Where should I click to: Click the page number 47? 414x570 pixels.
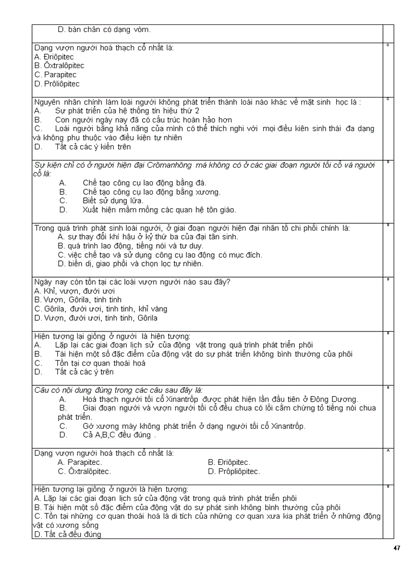click(397, 548)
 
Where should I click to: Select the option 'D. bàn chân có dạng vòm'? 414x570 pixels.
click(104, 30)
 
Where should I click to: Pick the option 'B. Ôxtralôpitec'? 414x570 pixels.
click(59, 65)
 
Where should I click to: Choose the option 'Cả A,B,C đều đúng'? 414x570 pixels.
click(116, 435)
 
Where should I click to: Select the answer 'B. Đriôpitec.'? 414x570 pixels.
click(229, 462)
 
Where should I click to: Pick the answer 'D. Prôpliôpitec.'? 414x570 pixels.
click(234, 472)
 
